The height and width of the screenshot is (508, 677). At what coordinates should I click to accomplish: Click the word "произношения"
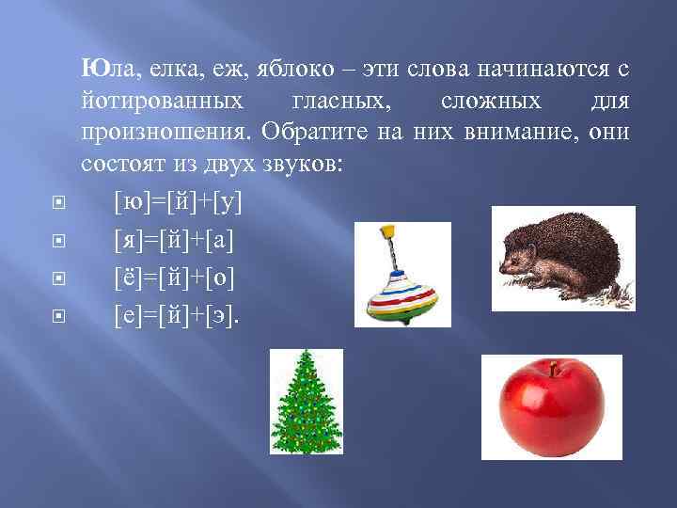(165, 131)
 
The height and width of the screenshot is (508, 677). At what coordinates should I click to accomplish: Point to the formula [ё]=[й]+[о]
(173, 278)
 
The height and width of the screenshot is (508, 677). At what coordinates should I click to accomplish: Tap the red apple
(551, 406)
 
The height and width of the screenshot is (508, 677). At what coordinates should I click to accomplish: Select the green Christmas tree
(306, 402)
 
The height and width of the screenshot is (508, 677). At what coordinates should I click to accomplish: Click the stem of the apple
(553, 367)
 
